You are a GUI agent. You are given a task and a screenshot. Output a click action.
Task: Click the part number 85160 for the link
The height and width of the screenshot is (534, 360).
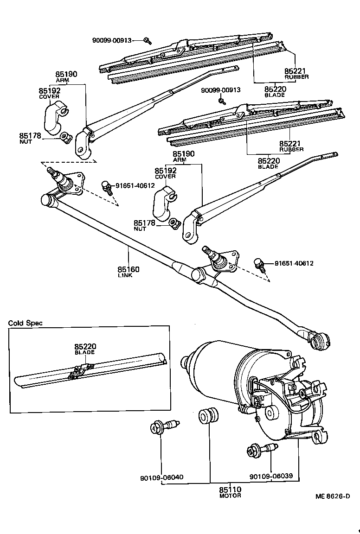129,269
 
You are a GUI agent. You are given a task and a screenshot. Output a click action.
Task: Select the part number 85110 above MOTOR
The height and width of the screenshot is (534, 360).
230,489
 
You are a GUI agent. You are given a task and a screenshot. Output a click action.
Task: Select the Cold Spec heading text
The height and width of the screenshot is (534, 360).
26,323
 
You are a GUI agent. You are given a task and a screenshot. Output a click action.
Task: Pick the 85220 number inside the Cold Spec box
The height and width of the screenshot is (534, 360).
84,346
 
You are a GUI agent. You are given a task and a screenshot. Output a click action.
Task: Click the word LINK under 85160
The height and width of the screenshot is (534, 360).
125,275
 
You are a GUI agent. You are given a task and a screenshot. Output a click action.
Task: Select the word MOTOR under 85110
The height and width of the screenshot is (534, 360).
230,496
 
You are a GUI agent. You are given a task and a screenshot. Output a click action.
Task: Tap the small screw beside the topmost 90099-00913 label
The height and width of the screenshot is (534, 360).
147,41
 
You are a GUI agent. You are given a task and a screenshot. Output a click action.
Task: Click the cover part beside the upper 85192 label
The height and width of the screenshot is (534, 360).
54,117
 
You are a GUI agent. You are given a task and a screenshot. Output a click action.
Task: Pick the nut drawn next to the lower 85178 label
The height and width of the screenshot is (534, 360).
174,223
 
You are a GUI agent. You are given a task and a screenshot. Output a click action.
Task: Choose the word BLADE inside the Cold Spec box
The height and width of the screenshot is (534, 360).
84,352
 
